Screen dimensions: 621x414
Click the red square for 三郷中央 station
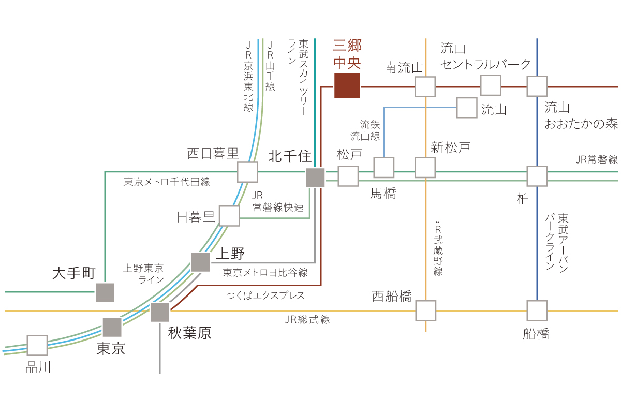click(x=347, y=86)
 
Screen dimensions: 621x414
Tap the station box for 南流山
click(x=425, y=87)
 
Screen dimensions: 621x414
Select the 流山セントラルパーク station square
click(x=491, y=85)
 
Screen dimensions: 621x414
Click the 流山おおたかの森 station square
click(x=537, y=86)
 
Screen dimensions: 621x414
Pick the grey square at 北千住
click(x=315, y=178)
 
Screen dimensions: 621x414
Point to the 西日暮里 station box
click(x=247, y=172)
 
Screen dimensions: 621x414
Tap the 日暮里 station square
click(x=229, y=216)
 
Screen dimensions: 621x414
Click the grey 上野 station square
click(x=201, y=262)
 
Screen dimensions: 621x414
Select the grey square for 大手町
click(x=105, y=292)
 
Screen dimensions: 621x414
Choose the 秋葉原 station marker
click(x=160, y=312)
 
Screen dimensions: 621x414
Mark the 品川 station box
click(x=37, y=345)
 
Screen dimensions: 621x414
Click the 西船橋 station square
click(x=426, y=310)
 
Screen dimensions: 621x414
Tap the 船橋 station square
click(x=537, y=310)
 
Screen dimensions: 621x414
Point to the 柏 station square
click(x=537, y=176)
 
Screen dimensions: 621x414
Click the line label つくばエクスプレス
click(x=265, y=295)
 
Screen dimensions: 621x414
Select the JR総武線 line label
click(x=307, y=320)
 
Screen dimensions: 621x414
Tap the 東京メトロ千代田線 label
click(x=167, y=182)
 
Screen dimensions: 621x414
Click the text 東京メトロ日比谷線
click(x=265, y=273)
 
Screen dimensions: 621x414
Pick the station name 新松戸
click(x=451, y=147)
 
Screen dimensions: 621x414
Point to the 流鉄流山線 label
click(x=365, y=130)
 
